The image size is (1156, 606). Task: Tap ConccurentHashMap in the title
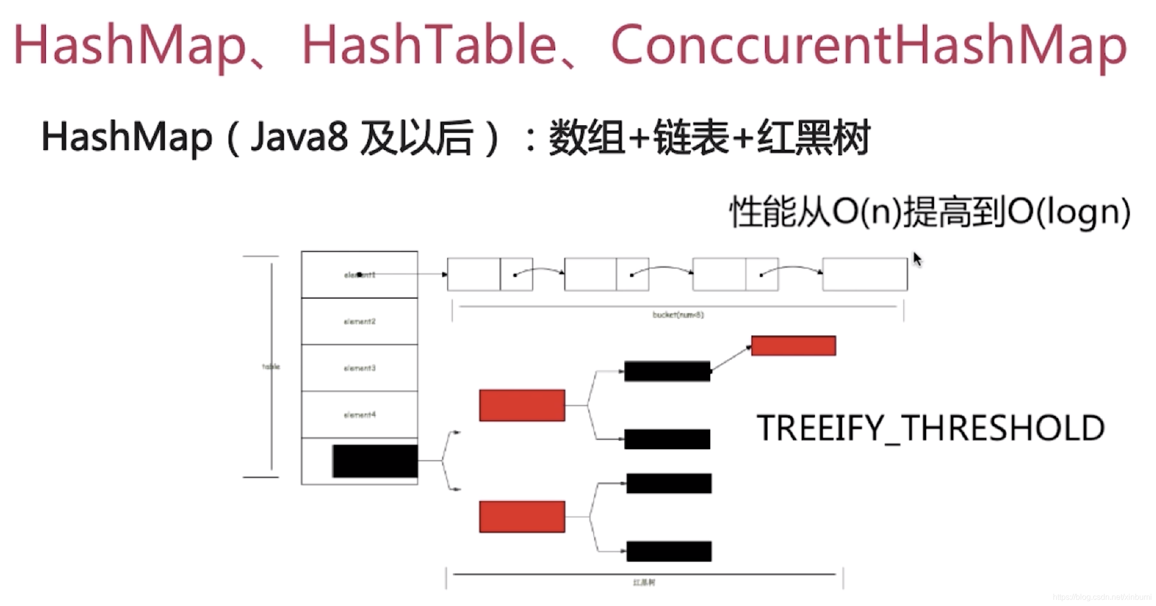869,45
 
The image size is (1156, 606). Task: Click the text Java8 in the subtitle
299,137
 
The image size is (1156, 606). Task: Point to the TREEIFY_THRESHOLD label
930,428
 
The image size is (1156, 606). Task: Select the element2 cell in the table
359,321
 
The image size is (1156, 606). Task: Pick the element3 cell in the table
359,368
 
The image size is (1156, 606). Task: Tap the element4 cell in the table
359,415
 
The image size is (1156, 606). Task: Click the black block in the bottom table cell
375,461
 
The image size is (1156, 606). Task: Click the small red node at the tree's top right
793,345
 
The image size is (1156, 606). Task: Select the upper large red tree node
522,405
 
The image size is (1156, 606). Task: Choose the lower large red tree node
522,517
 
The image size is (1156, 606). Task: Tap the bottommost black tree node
669,551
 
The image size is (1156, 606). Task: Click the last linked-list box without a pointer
865,274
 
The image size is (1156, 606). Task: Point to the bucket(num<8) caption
678,315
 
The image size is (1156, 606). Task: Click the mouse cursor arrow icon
917,259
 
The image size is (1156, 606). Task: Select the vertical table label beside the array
271,366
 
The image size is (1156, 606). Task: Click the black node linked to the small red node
667,371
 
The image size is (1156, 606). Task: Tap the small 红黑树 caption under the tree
644,583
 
